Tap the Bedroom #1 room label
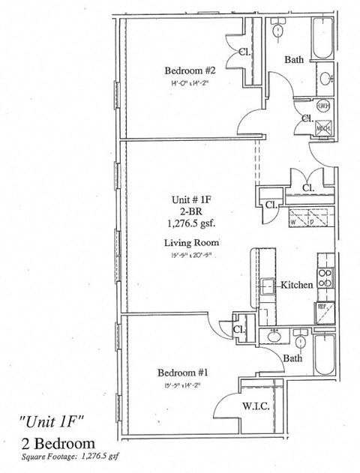pos(182,373)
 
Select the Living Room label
pos(191,243)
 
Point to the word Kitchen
pos(296,286)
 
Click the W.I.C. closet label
pos(256,406)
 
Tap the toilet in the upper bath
pos(279,31)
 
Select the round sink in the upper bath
pos(326,76)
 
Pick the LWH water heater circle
pos(325,106)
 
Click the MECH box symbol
pos(324,129)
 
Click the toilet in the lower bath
pos(301,343)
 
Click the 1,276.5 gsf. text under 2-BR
pos(191,223)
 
